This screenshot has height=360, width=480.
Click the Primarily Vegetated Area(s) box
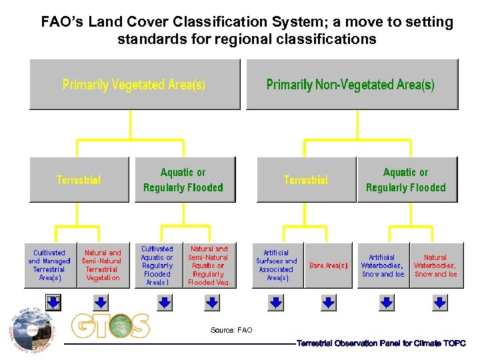pos(134,84)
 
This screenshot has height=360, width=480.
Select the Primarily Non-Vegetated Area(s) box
pos(351,84)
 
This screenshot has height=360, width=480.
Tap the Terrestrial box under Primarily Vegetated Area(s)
pos(79,179)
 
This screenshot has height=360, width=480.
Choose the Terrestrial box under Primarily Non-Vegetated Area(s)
pos(306,179)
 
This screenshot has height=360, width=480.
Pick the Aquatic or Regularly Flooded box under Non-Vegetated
pos(406,179)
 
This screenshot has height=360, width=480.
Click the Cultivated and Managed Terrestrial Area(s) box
pos(50,265)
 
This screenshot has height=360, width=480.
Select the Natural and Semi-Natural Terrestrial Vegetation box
pos(103,265)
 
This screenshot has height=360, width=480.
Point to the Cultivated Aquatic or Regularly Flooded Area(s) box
pos(157,265)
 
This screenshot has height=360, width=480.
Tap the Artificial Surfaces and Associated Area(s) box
pos(277,265)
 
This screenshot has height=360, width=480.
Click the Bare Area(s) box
pos(328,265)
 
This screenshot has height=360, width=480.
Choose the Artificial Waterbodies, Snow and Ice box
pos(383,265)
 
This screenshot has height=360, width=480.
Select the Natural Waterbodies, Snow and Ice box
pos(435,265)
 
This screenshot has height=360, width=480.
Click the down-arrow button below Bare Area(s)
pos(329,303)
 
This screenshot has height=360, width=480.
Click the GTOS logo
pos(111,326)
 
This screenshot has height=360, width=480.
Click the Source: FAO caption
pos(231,330)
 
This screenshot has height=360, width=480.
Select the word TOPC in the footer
pos(454,343)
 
